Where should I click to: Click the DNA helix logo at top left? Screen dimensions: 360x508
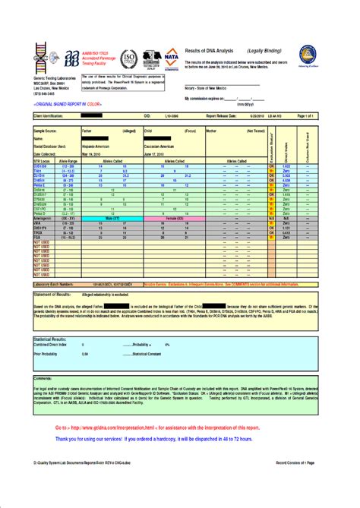[39, 55]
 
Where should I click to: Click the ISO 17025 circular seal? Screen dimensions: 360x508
[129, 58]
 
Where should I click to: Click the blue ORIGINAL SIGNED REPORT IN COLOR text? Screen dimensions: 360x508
[67, 101]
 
